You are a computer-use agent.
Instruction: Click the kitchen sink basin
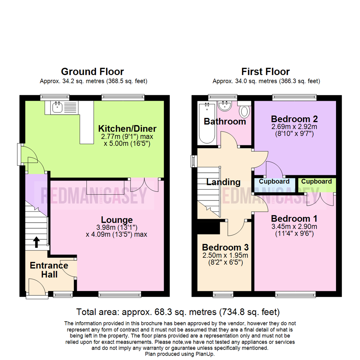[57, 107]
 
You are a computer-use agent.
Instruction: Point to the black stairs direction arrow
[37, 242]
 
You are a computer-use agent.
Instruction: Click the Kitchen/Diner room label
[127, 129]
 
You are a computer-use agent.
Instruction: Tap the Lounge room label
[117, 220]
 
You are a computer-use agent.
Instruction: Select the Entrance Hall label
[49, 270]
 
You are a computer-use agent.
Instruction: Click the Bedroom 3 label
[225, 247]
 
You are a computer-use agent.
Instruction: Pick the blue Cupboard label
[274, 181]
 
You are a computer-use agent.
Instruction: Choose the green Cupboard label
[316, 181]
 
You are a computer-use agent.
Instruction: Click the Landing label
[223, 182]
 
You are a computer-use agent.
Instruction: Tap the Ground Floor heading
[92, 72]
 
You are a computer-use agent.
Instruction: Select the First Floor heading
[265, 72]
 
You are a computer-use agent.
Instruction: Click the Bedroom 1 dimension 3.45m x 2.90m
[294, 227]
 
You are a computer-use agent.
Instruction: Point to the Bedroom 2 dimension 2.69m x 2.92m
[294, 127]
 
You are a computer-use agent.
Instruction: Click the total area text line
[178, 312]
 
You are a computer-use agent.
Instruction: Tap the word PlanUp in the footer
[205, 354]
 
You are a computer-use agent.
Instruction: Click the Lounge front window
[120, 294]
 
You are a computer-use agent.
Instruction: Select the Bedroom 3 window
[223, 294]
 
